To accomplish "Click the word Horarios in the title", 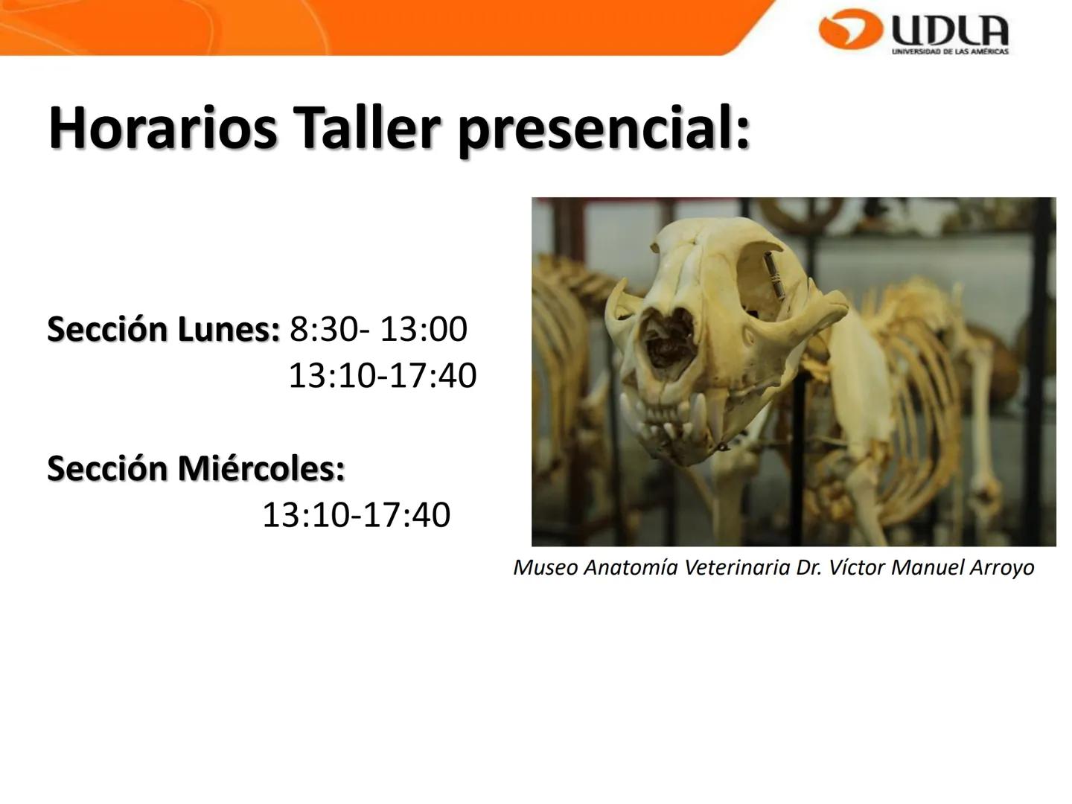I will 162,128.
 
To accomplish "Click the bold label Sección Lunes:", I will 163,329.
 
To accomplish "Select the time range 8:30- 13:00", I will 378,329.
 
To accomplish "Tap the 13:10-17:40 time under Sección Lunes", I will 382,376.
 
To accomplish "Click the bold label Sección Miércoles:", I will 196,468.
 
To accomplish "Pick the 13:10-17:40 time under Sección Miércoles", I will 356,515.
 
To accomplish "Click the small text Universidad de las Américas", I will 950,51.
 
